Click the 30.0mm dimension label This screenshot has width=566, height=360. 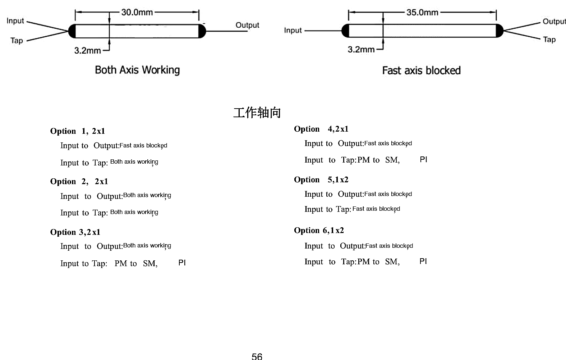[137, 12]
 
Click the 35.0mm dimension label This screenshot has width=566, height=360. [422, 12]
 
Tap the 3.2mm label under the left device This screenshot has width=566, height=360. [87, 51]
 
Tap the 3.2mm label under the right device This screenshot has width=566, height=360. [361, 50]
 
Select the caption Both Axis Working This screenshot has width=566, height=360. [137, 70]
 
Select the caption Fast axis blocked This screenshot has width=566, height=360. [421, 70]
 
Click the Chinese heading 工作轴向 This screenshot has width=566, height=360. [257, 113]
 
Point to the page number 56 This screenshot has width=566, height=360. [257, 356]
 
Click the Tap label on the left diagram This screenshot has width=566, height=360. [17, 41]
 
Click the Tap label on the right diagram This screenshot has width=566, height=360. [549, 40]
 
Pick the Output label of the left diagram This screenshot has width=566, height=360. [247, 25]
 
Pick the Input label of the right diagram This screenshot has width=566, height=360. [293, 30]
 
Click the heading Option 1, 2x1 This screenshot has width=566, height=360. [78, 131]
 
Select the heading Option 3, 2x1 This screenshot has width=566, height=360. [75, 232]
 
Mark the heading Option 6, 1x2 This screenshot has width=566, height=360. [319, 230]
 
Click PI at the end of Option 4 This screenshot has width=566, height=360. [423, 160]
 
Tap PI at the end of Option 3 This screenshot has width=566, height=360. [182, 263]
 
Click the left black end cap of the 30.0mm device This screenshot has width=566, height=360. [72, 31]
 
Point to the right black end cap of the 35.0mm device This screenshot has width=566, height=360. [500, 31]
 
